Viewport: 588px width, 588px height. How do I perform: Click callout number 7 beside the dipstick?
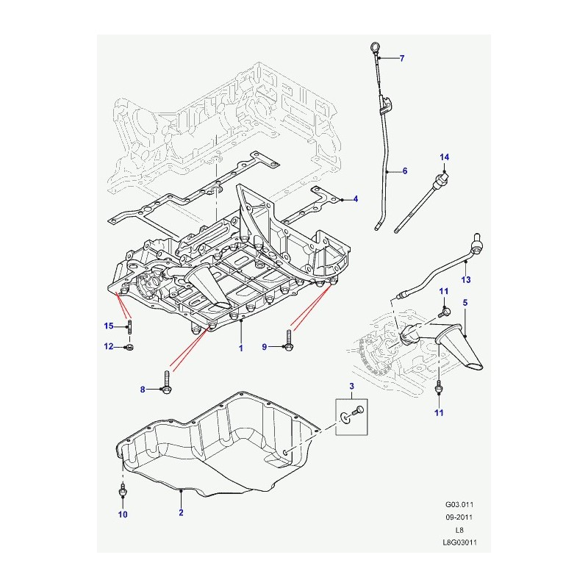[402, 58]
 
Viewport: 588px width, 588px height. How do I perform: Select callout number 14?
[445, 157]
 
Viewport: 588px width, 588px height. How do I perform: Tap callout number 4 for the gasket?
[356, 198]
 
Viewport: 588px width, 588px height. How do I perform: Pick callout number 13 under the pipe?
[466, 279]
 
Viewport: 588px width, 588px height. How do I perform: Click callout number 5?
[465, 302]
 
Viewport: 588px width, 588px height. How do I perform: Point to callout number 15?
[109, 326]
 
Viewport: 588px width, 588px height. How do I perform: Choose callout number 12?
[109, 346]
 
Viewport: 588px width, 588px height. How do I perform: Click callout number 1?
[241, 348]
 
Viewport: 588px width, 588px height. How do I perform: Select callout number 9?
[265, 347]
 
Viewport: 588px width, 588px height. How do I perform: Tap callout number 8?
[143, 390]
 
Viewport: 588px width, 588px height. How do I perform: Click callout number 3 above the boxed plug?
[352, 386]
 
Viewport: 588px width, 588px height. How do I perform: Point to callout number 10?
[123, 514]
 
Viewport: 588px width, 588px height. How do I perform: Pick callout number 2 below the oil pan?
[181, 512]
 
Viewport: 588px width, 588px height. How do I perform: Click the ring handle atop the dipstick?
[374, 47]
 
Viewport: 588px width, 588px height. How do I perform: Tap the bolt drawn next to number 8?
[167, 382]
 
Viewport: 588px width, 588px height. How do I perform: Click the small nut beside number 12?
[130, 347]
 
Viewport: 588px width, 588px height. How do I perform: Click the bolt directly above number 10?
[123, 490]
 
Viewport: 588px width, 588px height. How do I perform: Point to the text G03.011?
[459, 504]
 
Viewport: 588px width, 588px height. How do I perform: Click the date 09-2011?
[459, 517]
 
